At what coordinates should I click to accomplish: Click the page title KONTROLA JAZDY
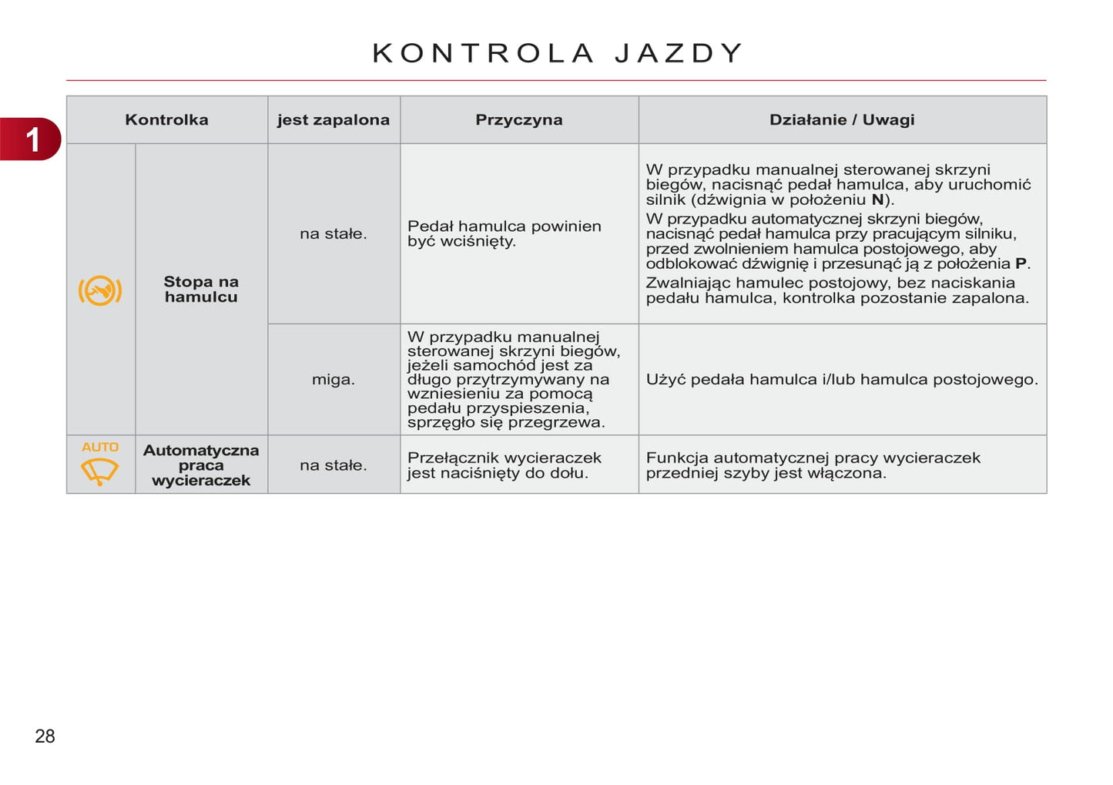tap(557, 53)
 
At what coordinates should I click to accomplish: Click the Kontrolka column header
tap(166, 119)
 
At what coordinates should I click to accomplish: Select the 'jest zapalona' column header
tap(334, 119)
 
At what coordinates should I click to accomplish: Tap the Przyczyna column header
tap(518, 119)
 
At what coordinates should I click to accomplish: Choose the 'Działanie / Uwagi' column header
tap(842, 119)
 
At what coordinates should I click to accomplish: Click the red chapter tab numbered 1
tap(32, 139)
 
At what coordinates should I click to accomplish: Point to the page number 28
tap(45, 736)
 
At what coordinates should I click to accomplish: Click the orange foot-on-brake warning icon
tap(100, 290)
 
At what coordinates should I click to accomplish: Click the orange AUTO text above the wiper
tap(100, 447)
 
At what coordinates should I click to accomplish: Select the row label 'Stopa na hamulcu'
tap(201, 289)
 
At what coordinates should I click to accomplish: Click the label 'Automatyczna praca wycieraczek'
tap(201, 465)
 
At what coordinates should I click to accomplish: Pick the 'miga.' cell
tap(334, 379)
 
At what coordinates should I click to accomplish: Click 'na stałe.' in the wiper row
tap(334, 465)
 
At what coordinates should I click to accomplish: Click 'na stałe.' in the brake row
tap(334, 233)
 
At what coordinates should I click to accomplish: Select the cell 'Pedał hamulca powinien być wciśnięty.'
tap(504, 233)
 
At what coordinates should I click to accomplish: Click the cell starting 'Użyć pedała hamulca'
tap(842, 379)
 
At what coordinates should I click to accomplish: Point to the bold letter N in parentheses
tap(877, 200)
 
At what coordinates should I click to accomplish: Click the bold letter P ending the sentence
tap(1021, 263)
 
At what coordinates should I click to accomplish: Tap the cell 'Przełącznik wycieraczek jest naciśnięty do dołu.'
tap(504, 465)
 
